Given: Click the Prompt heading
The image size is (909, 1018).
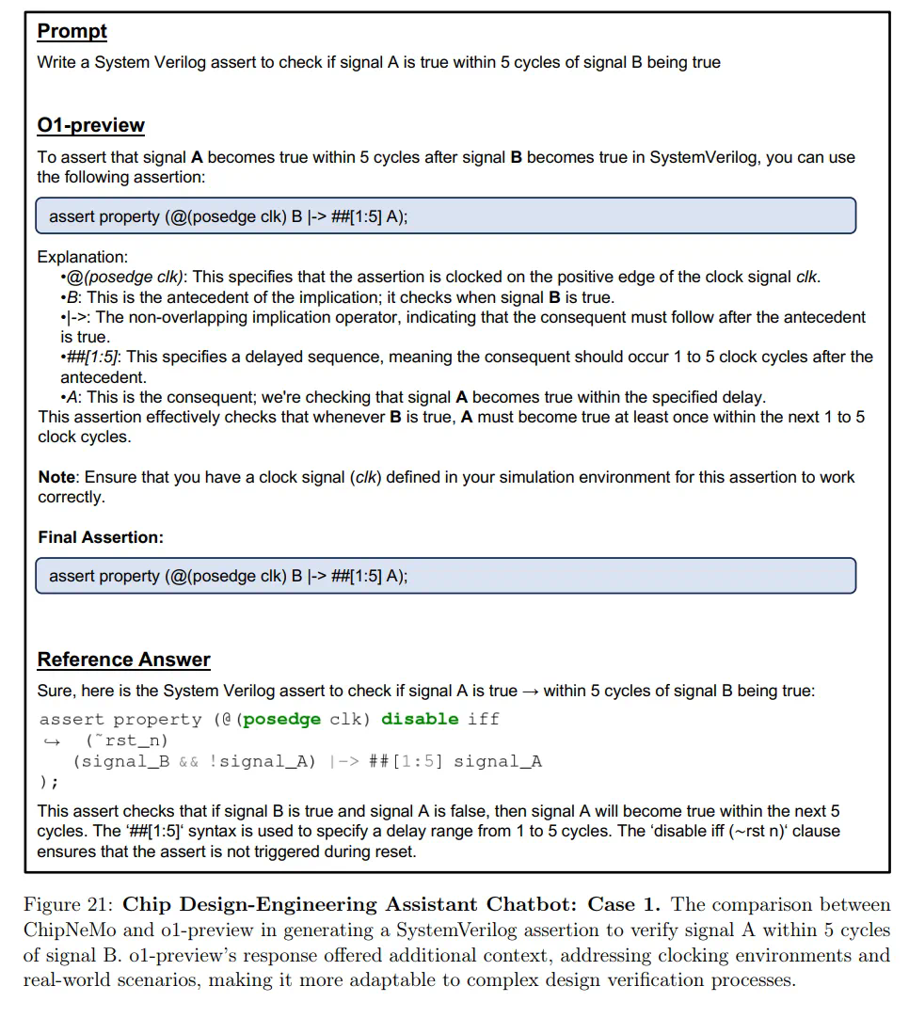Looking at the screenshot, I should click(x=72, y=31).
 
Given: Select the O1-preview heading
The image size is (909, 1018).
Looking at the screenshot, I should click(x=91, y=125).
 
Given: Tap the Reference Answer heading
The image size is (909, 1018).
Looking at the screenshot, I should click(x=123, y=660).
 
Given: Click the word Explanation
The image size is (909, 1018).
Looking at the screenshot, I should click(x=82, y=257).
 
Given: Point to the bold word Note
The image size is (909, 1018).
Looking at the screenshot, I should click(x=56, y=477).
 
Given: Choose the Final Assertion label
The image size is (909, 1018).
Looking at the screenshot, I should click(x=101, y=537).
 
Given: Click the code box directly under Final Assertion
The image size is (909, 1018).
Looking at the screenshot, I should click(x=445, y=576).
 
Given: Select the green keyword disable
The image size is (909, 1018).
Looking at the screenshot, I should click(x=420, y=720).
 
